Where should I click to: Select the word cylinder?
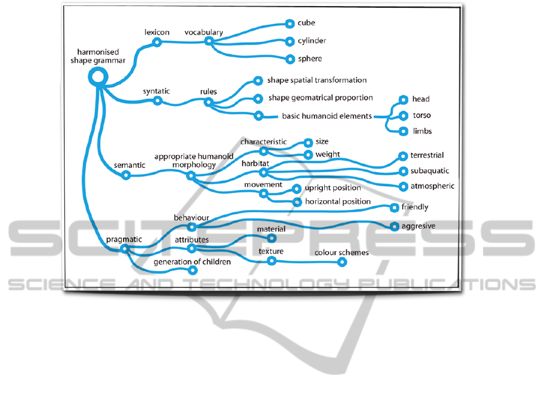[x=311, y=41]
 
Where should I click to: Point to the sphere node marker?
[x=290, y=59]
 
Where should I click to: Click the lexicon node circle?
[x=157, y=42]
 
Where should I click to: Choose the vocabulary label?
[x=204, y=32]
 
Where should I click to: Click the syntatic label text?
[x=156, y=92]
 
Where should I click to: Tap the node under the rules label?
[x=208, y=102]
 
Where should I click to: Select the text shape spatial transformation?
[x=317, y=80]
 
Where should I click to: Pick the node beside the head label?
[x=403, y=99]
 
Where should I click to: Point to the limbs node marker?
[x=403, y=131]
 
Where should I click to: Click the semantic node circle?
[x=126, y=175]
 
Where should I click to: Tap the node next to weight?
[x=308, y=155]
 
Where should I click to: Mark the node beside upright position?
[x=297, y=189]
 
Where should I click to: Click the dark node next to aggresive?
[x=394, y=227]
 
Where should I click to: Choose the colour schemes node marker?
[x=342, y=262]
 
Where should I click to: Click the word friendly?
[x=415, y=207]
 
